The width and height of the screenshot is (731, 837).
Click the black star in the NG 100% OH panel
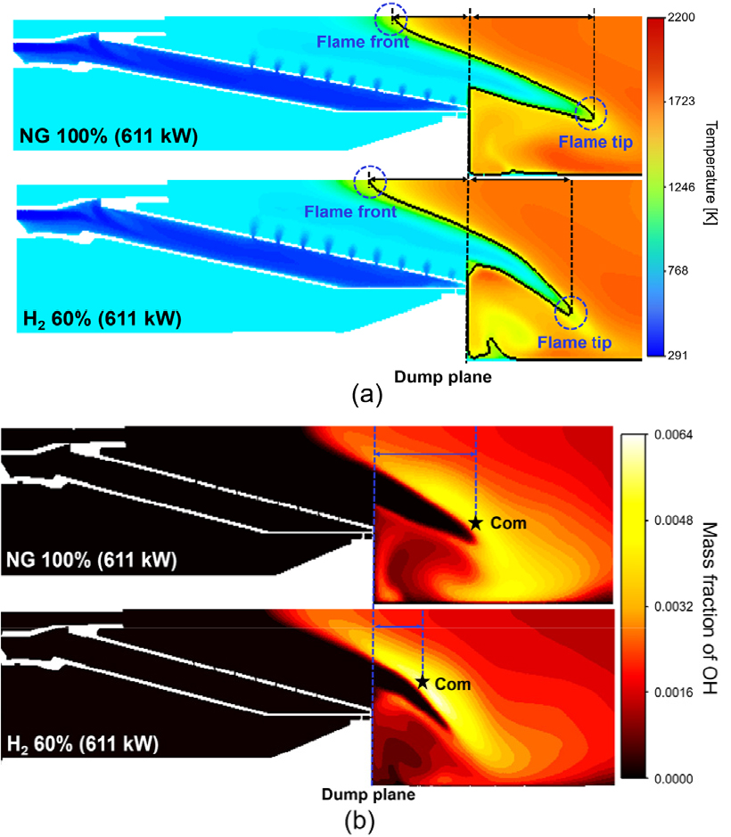coord(476,523)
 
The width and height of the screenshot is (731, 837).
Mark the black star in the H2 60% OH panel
coord(423,682)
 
